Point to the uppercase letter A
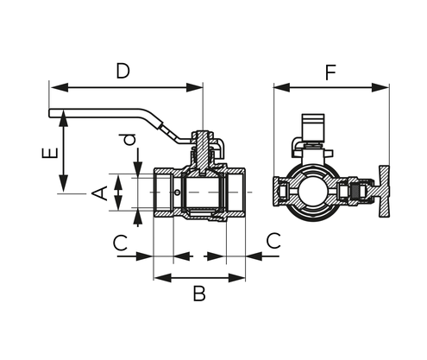tap(101, 193)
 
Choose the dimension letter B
tap(198, 294)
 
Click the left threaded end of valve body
tap(164, 193)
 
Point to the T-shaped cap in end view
tap(377, 191)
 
